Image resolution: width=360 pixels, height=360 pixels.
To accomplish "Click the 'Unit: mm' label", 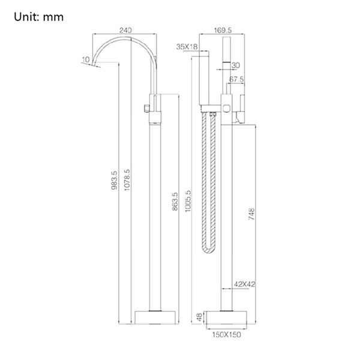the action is point(38,17).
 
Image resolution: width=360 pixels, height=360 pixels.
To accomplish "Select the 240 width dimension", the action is point(125,30).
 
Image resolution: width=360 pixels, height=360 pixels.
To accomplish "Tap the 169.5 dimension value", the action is point(223,30).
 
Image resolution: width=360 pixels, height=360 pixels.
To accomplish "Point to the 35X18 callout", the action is point(187,47).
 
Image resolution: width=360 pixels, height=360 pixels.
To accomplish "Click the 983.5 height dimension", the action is point(114,180).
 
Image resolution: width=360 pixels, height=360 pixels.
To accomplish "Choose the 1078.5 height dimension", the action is point(127,180).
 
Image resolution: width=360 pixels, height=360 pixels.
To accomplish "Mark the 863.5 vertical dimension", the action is point(175,202).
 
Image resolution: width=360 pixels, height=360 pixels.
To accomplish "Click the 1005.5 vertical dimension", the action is point(188,201).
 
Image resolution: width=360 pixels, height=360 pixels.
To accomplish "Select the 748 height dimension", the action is point(251,214).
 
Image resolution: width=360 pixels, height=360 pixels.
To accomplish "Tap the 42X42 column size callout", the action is point(245,284).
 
